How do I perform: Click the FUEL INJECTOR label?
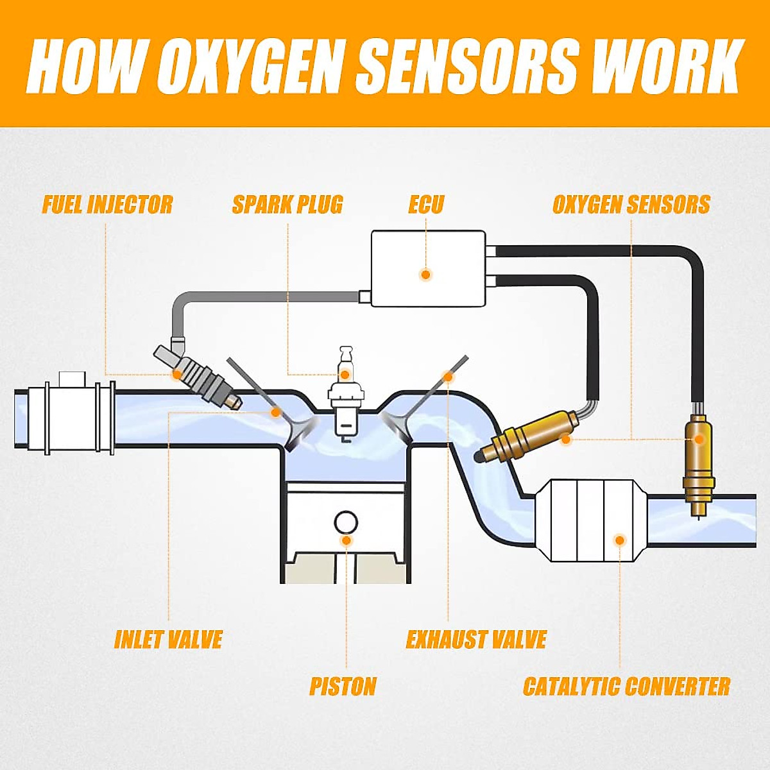107,205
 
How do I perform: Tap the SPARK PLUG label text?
287,205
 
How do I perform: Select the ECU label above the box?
426,205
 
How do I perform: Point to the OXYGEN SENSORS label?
631,205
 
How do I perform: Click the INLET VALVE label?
168,640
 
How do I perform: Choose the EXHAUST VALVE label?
476,640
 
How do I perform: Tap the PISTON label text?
343,687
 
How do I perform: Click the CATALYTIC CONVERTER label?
626,687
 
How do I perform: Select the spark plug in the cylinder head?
345,398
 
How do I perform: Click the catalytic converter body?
590,520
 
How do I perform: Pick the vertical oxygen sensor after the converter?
698,459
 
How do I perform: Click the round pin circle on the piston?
346,522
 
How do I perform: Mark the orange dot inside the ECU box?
425,275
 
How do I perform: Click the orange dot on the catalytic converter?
620,540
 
